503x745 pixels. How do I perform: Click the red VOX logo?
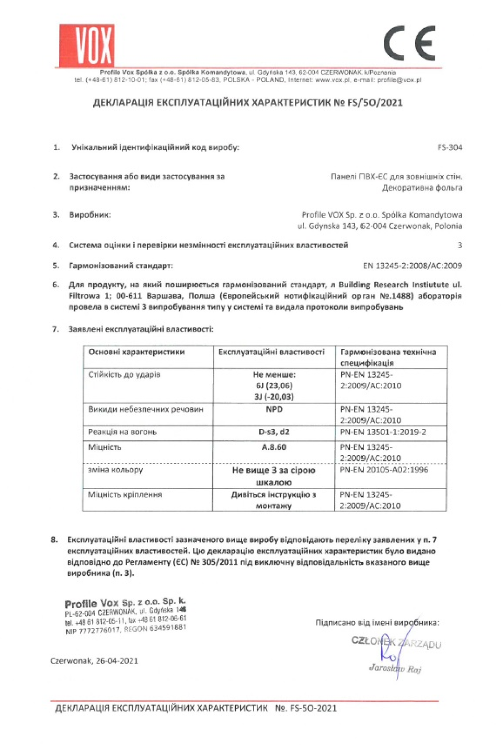coord(87,45)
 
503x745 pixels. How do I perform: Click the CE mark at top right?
coord(409,43)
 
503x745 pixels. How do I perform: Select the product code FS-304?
coord(450,147)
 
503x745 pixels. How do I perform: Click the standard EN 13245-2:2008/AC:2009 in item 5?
coord(413,265)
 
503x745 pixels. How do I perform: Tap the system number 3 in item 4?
coord(460,245)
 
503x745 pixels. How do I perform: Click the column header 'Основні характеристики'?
coord(136,352)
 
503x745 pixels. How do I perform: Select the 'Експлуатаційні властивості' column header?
coord(271,352)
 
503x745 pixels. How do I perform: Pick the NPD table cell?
coord(274,409)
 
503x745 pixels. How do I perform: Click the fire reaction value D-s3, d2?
coord(274,432)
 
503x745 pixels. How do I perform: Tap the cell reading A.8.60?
coord(274,447)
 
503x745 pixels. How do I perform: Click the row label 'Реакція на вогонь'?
coord(122,432)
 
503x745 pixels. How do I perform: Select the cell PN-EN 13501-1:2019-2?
coord(383,432)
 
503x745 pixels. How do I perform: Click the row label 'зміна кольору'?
coord(115,470)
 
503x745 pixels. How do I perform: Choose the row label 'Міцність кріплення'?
coord(125,494)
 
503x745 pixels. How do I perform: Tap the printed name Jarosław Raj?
coord(395,668)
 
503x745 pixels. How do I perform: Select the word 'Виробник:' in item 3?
coord(90,215)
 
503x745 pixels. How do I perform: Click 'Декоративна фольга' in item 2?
coord(422,188)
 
